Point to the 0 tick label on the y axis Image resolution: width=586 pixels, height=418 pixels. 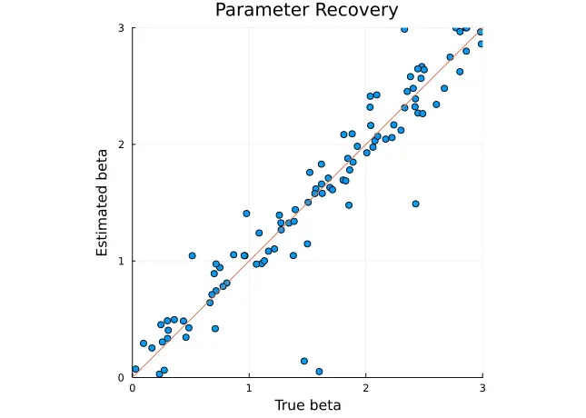(x=122, y=377)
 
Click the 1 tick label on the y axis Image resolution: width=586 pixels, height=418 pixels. (x=122, y=261)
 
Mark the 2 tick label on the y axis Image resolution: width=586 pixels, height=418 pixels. (x=122, y=144)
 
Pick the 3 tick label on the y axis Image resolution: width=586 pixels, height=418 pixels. (x=122, y=28)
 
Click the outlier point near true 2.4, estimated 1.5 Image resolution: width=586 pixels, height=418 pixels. (x=415, y=204)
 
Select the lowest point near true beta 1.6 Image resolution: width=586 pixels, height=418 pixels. (x=319, y=372)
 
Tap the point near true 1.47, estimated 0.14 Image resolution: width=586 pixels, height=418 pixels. (x=304, y=361)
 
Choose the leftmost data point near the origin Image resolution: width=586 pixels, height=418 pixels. (x=135, y=369)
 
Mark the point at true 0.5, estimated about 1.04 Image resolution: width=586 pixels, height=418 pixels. (x=192, y=256)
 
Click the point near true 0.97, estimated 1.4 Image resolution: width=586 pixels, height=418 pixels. (x=246, y=214)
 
